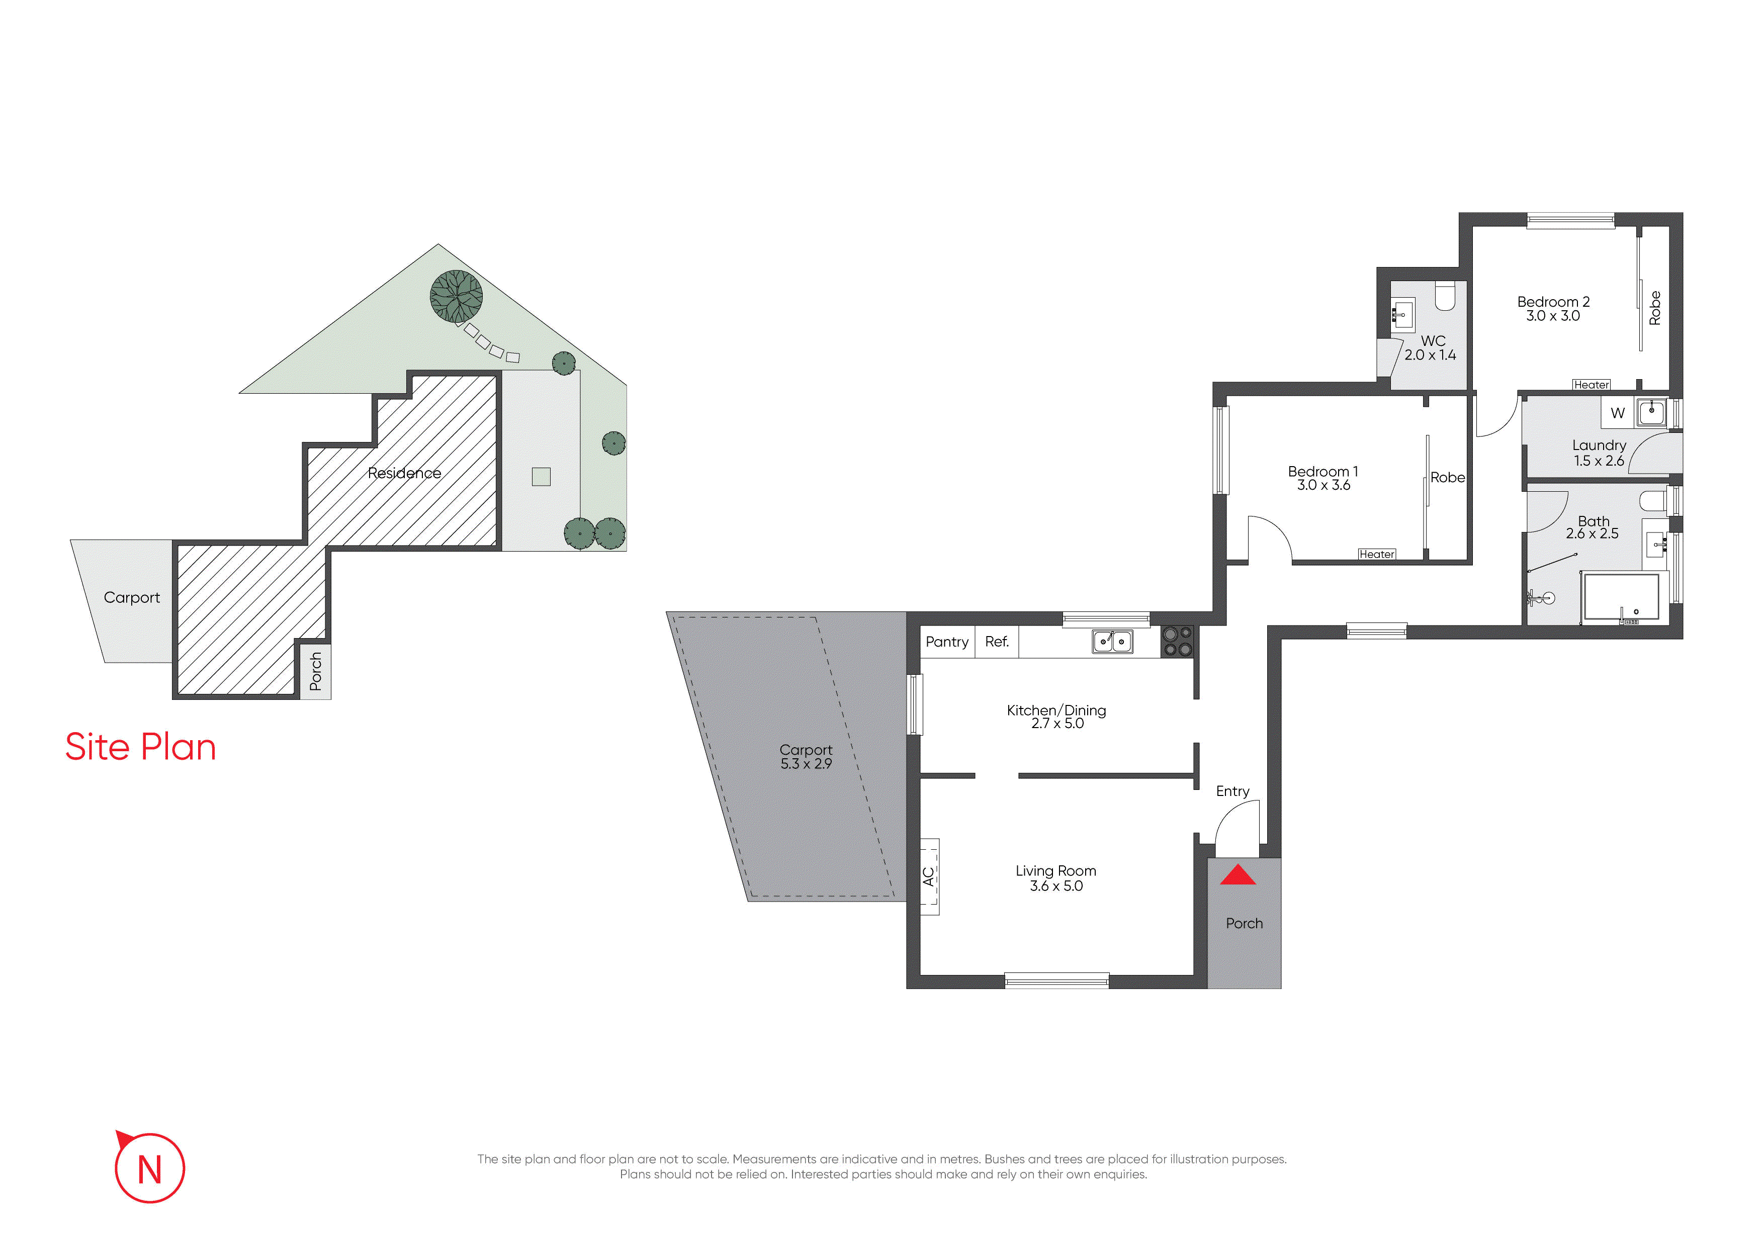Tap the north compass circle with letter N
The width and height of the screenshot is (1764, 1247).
click(x=150, y=1168)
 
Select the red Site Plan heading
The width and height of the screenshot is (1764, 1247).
click(x=141, y=747)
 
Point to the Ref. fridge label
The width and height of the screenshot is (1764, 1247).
click(x=997, y=642)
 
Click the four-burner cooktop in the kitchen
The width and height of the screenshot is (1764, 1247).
click(x=1178, y=642)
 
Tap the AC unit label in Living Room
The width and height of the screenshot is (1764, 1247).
click(x=929, y=876)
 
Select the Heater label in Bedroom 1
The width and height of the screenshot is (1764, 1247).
click(x=1377, y=554)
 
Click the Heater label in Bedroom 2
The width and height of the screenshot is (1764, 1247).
click(x=1591, y=385)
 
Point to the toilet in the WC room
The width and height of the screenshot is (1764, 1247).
click(x=1445, y=297)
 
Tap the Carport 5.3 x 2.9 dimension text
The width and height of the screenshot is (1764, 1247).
click(x=806, y=764)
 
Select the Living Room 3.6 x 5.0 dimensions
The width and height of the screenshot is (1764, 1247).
click(x=1056, y=886)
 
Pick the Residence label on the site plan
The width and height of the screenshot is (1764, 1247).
click(x=404, y=473)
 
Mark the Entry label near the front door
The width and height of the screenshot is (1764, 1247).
click(x=1232, y=791)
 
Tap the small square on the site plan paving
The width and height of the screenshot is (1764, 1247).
click(x=541, y=477)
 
